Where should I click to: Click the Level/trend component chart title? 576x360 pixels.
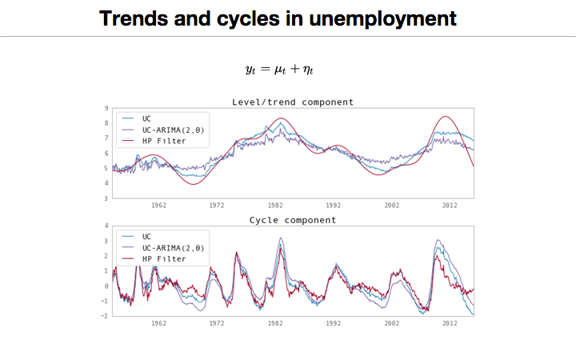293,102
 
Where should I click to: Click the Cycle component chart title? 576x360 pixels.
293,220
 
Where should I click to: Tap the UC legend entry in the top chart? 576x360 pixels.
146,118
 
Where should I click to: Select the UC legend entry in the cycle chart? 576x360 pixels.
146,238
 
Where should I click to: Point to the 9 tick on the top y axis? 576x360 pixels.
107,108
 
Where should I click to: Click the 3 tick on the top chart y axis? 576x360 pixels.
107,197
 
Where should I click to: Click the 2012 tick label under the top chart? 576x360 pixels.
450,205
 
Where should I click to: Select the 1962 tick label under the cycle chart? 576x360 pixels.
159,323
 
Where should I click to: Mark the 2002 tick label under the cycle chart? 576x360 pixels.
391,323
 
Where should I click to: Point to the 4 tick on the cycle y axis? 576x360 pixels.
107,226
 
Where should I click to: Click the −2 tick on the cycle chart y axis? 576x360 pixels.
106,315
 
